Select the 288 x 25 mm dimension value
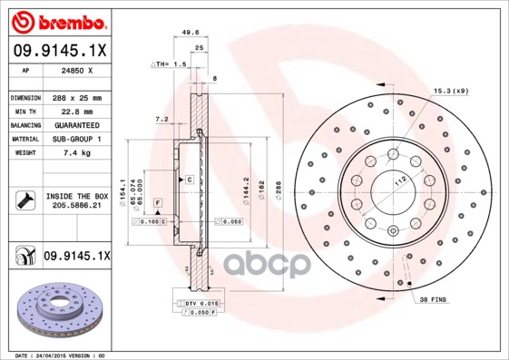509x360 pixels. tap(75, 97)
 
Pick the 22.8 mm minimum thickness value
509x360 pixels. tap(75, 112)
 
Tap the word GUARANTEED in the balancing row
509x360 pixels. tap(75, 125)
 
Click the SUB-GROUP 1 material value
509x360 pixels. tap(75, 140)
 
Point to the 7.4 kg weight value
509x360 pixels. tap(75, 153)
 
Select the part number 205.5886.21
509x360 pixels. tap(75, 206)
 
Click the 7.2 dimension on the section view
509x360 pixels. tap(161, 119)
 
